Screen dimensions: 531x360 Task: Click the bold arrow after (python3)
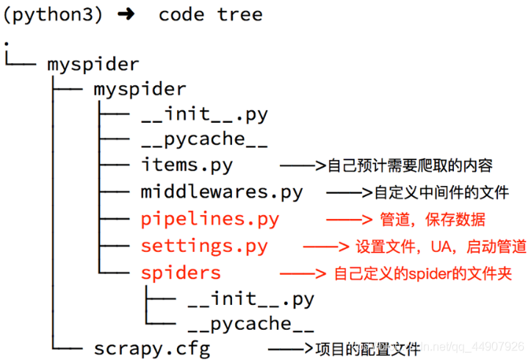126,14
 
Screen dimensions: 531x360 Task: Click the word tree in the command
239,15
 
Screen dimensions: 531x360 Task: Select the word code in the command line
181,15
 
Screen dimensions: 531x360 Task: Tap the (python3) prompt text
53,15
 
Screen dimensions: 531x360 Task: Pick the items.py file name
187,165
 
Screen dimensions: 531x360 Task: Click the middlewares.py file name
222,192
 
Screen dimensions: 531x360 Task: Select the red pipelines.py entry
210,220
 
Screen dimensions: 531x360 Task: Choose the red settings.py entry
204,247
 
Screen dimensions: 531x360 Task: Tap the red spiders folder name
181,273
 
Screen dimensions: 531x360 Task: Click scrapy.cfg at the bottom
152,349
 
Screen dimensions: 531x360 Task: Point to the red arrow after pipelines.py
349,220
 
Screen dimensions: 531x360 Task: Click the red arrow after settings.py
326,247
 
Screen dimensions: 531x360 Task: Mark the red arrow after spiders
303,273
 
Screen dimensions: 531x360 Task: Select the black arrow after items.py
303,165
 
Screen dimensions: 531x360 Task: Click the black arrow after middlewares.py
349,192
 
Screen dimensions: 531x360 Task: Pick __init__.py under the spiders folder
251,299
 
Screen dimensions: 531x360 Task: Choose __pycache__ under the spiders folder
251,325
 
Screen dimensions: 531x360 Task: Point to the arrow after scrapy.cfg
291,348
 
